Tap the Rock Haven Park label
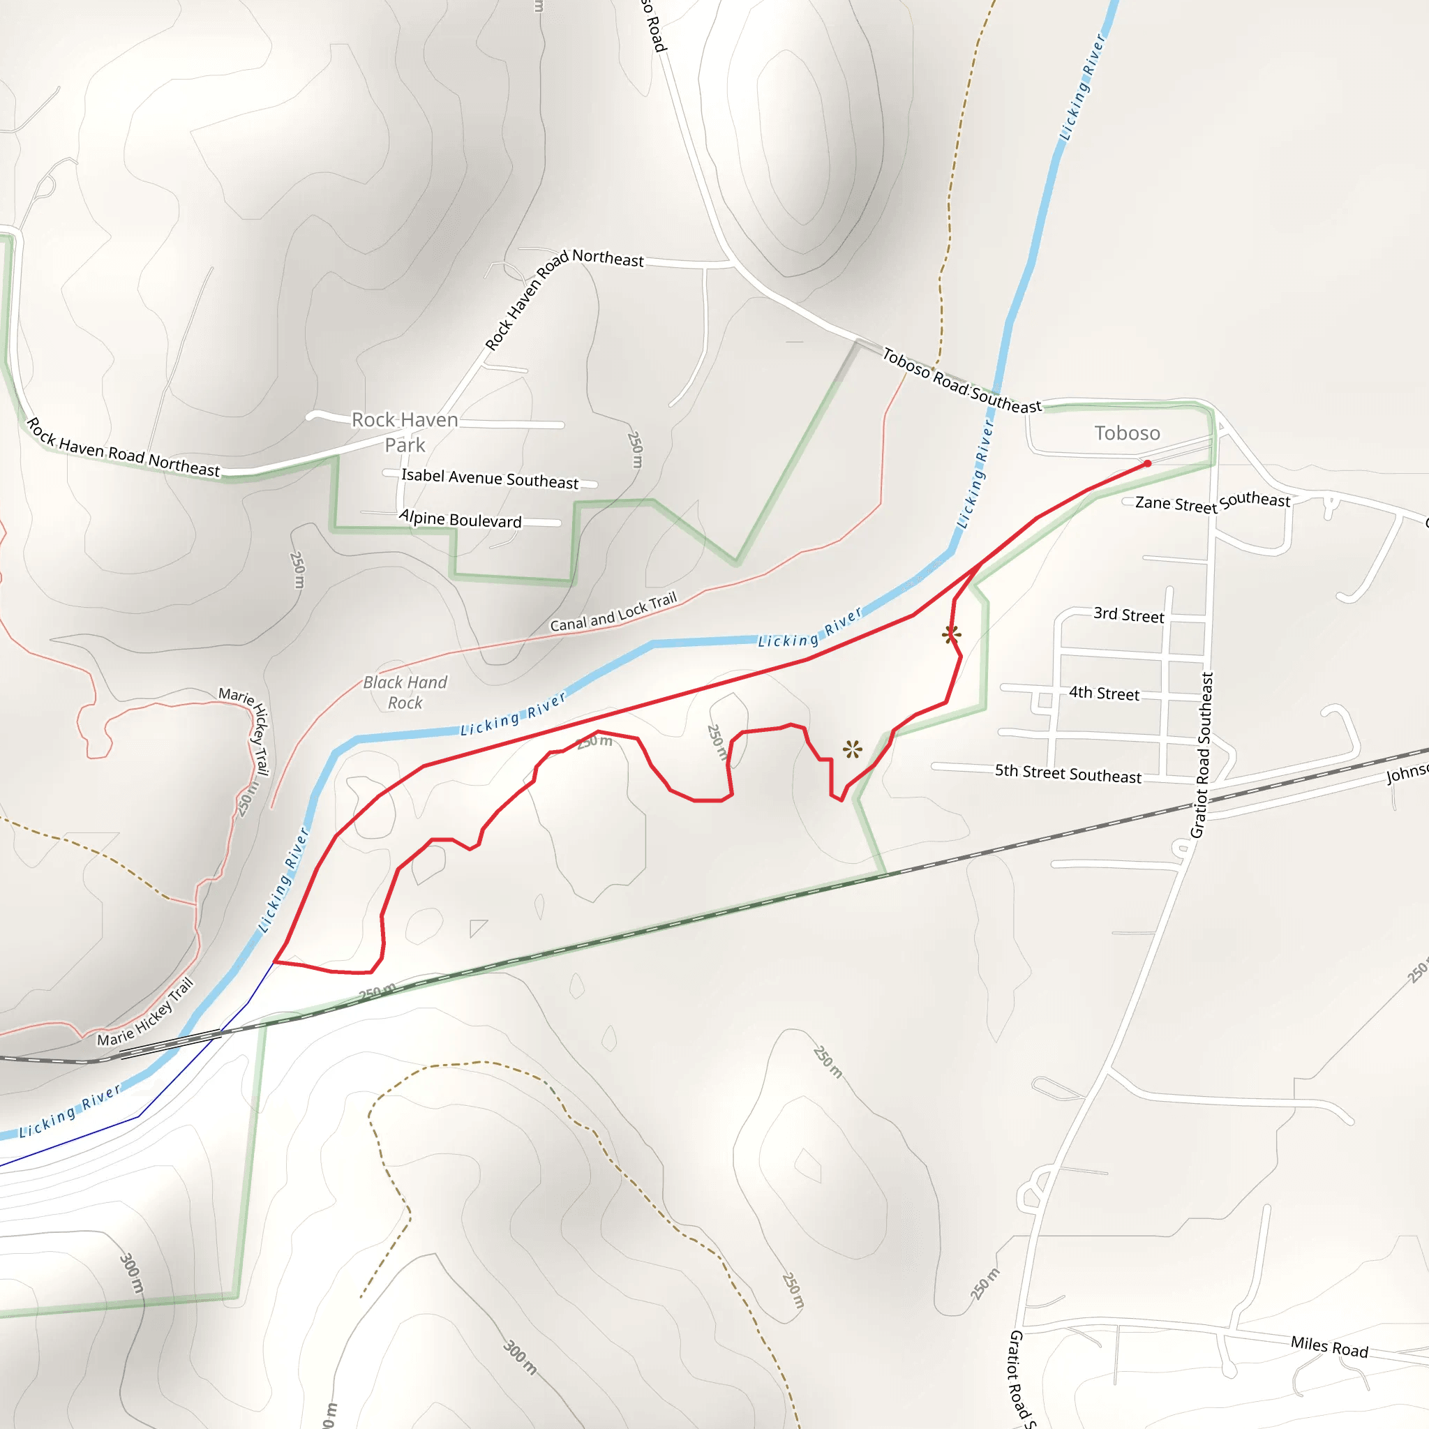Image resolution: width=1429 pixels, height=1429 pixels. click(405, 432)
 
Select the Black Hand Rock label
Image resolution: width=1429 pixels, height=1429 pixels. click(405, 691)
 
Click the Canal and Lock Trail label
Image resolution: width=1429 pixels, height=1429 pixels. click(613, 612)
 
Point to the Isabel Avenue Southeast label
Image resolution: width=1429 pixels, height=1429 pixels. click(490, 479)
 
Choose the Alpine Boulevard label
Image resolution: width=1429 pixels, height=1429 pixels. click(460, 518)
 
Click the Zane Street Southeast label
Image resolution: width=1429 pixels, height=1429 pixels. click(1212, 502)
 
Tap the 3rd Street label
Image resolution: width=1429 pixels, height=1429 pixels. click(1128, 615)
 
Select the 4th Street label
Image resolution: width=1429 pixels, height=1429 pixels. click(1104, 693)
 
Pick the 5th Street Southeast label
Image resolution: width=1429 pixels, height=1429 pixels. click(1068, 773)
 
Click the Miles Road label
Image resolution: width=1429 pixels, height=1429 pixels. click(1329, 1347)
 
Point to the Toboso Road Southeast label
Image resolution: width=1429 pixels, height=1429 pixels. click(961, 381)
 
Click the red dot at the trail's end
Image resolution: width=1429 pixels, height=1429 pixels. click(1147, 464)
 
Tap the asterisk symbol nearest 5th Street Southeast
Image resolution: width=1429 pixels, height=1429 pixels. click(852, 749)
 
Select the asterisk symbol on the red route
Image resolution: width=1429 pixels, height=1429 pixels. click(952, 634)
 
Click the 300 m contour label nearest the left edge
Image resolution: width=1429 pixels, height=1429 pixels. click(132, 1272)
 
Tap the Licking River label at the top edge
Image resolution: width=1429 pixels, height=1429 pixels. click(1082, 87)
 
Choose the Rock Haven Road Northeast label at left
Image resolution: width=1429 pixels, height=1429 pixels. click(124, 448)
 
